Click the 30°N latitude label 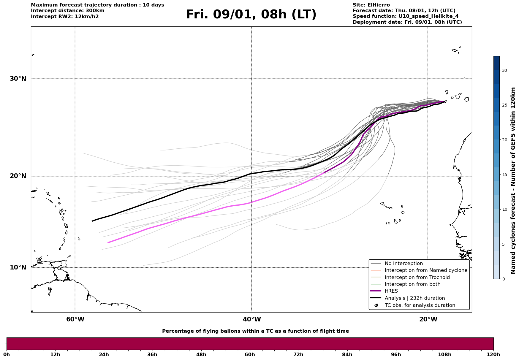click(18, 79)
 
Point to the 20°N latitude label click(18, 176)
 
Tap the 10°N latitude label click(18, 267)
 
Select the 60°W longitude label click(75, 319)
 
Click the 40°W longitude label click(252, 319)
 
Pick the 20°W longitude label click(428, 319)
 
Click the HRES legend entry click(391, 291)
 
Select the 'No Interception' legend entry click(404, 264)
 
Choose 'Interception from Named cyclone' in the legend click(426, 270)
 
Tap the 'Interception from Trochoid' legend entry click(417, 277)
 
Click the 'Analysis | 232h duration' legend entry click(414, 298)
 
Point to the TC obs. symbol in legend click(376, 305)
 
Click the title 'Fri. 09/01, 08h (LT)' click(251, 15)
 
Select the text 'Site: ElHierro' click(371, 5)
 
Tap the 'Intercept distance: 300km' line click(67, 11)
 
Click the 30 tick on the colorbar click(504, 70)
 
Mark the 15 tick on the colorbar click(504, 175)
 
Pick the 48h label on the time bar click(201, 354)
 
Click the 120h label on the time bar click(493, 354)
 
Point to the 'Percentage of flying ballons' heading click(255, 331)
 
